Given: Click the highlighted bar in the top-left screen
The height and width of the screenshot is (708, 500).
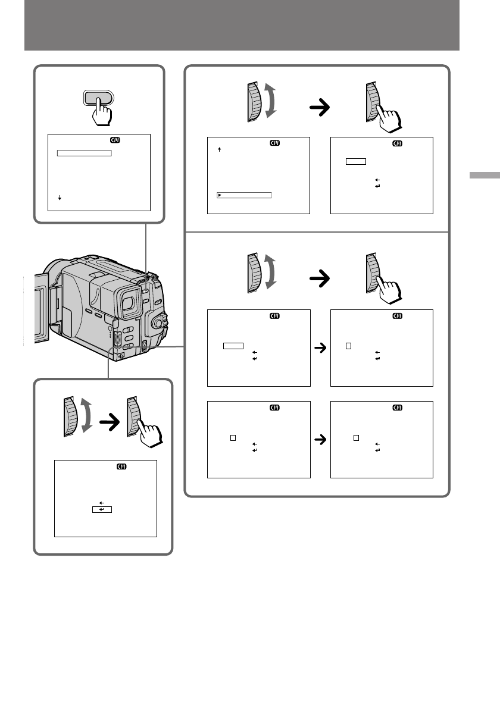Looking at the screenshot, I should coord(84,153).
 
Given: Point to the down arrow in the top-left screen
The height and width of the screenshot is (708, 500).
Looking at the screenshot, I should coord(60,197).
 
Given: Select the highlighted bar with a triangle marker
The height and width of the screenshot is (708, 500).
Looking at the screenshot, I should coord(244,195).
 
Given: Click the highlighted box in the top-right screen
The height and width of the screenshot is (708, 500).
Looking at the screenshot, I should coord(355,161).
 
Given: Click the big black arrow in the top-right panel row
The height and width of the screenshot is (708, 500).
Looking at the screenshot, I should coord(321,107).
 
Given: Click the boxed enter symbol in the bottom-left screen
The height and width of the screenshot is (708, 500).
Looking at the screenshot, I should coord(102,510).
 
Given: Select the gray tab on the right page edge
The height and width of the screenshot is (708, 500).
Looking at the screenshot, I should coord(484,176).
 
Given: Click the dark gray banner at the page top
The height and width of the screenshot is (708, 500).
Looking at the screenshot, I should coord(242,25).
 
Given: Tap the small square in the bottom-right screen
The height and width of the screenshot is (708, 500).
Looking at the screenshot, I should coord(356,437).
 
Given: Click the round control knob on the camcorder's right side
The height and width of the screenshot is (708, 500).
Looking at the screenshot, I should coord(158,323).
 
